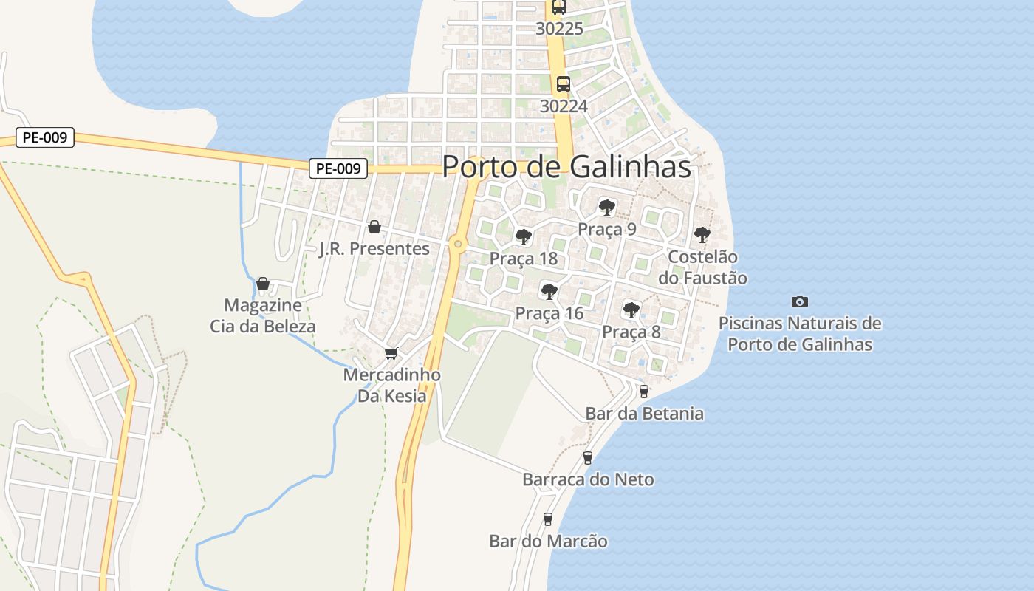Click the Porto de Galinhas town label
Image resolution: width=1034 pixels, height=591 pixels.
[x=566, y=167]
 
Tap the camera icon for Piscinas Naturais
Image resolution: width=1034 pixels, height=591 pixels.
[x=799, y=301]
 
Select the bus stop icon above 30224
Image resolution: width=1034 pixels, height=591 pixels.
[x=563, y=84]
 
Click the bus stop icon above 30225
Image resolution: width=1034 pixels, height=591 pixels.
[x=558, y=7]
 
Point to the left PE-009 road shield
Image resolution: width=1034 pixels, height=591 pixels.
[x=45, y=137]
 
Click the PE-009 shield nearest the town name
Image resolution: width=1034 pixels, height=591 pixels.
[x=338, y=168]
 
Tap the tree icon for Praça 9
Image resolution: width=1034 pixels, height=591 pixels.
[x=606, y=207]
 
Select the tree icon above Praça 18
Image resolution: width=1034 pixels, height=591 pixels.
[x=524, y=237]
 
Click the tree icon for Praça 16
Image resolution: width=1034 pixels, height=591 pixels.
[x=549, y=291]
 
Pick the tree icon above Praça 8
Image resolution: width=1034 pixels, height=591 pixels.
[x=631, y=310]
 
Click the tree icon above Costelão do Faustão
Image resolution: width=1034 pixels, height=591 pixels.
[x=702, y=235]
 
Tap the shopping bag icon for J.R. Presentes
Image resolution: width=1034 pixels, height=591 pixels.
[x=374, y=227]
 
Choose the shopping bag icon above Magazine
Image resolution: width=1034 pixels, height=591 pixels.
[x=262, y=284]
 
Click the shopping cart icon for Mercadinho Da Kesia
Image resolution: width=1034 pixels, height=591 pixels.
[x=391, y=353]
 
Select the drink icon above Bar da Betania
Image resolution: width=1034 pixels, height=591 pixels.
[x=644, y=392]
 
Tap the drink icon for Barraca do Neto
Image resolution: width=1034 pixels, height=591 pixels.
[x=588, y=458]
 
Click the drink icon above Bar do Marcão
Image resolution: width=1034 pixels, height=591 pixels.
[x=548, y=519]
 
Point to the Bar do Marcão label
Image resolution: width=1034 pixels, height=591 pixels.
[x=548, y=542]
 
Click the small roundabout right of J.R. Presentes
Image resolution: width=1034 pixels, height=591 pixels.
[x=458, y=244]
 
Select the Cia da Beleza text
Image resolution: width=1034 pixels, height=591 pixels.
[x=263, y=327]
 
